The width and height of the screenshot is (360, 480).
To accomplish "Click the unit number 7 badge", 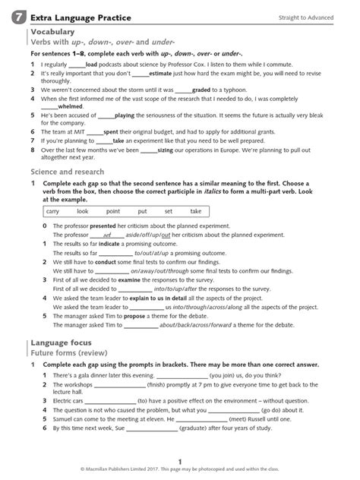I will [x=16, y=17].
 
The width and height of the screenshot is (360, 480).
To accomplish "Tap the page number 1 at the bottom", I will [x=180, y=461].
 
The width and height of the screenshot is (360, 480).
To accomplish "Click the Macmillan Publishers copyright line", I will [x=180, y=471].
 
